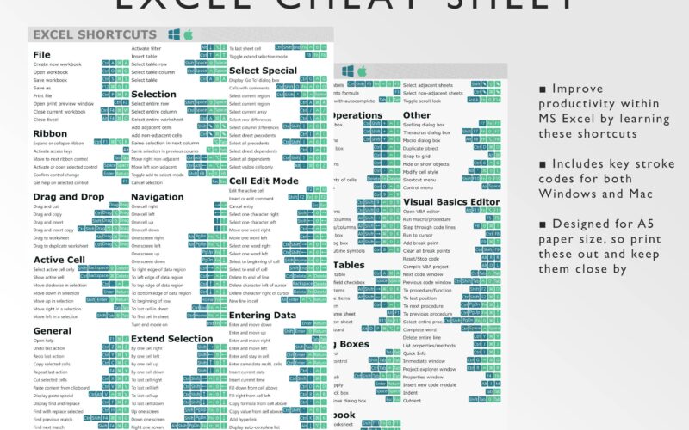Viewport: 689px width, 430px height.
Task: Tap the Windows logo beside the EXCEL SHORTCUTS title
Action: tap(174, 34)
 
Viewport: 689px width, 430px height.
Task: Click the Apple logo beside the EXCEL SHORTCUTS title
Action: tap(187, 34)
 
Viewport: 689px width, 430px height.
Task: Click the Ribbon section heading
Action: tap(50, 133)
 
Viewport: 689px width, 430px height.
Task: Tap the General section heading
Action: tap(53, 330)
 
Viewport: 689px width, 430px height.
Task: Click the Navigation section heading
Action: tap(158, 197)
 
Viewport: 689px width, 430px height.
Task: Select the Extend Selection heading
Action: tap(171, 338)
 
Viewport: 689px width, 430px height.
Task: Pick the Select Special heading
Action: tap(264, 71)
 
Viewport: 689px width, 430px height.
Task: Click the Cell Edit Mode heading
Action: tap(264, 181)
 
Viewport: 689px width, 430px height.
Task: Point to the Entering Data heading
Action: tap(263, 315)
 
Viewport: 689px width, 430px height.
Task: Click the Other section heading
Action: tap(417, 114)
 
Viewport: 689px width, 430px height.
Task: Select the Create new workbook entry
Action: tap(59, 64)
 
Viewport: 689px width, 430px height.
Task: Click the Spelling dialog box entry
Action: tap(425, 125)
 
